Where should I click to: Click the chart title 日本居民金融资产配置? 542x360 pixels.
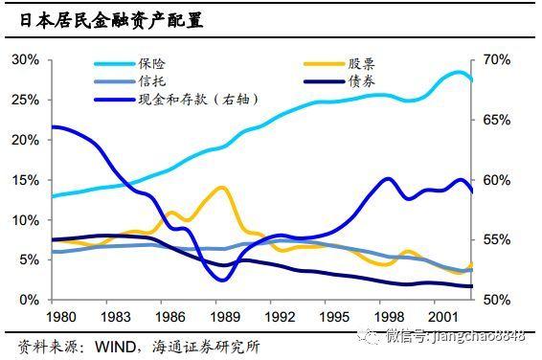(x=111, y=20)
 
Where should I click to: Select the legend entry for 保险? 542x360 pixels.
(x=130, y=63)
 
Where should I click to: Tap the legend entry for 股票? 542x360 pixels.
(x=339, y=64)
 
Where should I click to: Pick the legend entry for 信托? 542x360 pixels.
(x=130, y=81)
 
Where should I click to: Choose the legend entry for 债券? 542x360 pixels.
(x=339, y=82)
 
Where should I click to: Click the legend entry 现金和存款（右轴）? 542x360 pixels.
(x=176, y=100)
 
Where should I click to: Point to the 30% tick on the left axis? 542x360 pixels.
(x=25, y=59)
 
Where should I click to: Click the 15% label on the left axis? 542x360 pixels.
(x=25, y=180)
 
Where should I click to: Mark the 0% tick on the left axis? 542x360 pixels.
(x=30, y=300)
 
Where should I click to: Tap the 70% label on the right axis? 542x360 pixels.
(x=496, y=59)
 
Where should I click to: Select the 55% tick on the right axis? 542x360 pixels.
(x=496, y=239)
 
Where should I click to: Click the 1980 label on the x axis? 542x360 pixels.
(x=61, y=317)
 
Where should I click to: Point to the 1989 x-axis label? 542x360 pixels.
(x=225, y=317)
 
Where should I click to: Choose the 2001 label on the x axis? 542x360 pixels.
(x=443, y=317)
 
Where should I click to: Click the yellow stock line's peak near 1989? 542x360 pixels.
(x=222, y=189)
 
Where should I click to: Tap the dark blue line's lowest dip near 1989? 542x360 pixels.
(x=222, y=280)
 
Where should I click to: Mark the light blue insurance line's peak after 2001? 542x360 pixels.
(x=459, y=73)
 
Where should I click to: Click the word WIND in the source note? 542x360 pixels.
(x=116, y=347)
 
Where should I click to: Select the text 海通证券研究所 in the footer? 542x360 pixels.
(x=205, y=347)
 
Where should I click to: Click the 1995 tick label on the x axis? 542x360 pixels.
(x=334, y=317)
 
